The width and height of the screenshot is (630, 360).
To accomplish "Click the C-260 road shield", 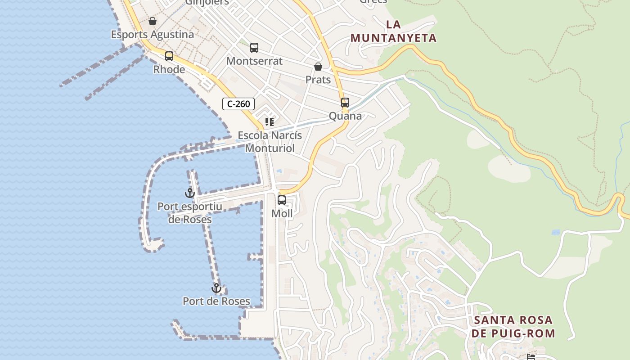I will (238, 104).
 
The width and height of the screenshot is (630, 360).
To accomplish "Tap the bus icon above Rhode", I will (169, 56).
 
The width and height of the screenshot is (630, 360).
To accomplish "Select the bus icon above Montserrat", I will (254, 48).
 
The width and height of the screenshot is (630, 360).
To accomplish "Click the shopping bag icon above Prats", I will (318, 67).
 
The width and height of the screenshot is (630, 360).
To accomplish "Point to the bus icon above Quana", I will (345, 103).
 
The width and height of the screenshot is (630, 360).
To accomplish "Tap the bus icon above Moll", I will (282, 200).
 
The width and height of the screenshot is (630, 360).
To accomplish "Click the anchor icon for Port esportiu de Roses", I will (190, 193).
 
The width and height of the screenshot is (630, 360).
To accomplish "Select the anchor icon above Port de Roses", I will (216, 288).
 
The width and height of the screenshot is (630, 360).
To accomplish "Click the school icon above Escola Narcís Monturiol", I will (270, 122).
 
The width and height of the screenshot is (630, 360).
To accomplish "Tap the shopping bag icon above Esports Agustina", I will (153, 21).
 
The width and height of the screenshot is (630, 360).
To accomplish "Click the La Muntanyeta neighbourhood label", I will (394, 31).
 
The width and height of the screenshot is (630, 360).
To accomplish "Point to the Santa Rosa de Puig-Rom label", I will (514, 327).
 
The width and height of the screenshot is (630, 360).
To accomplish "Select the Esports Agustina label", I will (153, 35).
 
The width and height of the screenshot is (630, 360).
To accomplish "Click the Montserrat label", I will (254, 61).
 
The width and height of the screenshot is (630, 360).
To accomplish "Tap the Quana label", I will (345, 116).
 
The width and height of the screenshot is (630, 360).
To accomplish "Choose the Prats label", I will (318, 80).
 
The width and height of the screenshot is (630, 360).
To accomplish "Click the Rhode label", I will (169, 70).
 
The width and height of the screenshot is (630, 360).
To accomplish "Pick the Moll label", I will (282, 214).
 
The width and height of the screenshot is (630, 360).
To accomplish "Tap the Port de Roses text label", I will (216, 301).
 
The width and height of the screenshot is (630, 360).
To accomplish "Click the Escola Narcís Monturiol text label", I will (270, 142).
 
